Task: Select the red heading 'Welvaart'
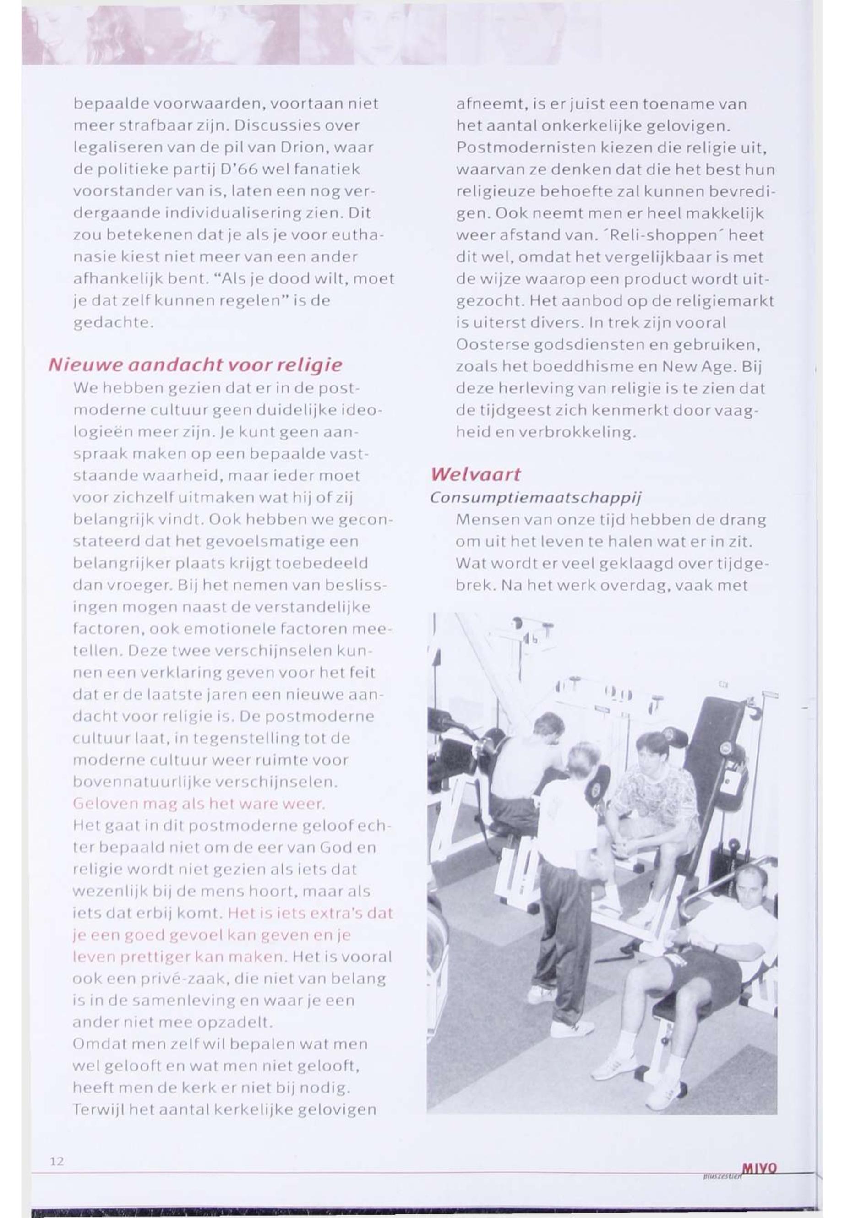(x=475, y=474)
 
